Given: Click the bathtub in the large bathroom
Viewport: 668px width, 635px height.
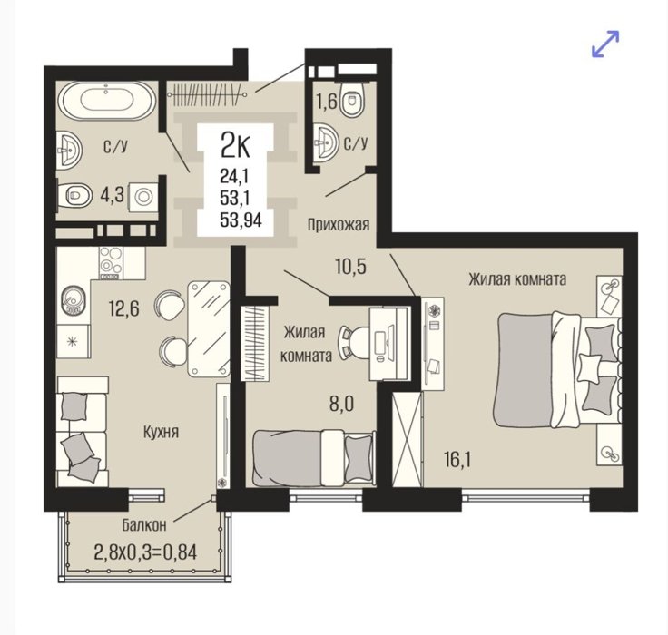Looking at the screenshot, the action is [107, 101].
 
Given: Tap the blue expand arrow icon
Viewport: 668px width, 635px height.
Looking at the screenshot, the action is [605, 44].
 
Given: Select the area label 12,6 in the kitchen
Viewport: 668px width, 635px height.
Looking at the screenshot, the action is [124, 308].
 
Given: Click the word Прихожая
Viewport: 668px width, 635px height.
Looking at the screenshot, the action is [339, 224].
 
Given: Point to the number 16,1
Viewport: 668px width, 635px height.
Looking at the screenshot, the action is [457, 460].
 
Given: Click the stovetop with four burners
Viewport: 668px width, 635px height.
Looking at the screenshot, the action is [111, 263].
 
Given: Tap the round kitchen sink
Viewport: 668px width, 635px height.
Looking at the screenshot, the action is [74, 300].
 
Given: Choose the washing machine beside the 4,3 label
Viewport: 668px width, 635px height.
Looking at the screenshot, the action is [143, 197].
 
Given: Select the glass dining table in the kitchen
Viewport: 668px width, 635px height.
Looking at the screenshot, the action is [209, 328].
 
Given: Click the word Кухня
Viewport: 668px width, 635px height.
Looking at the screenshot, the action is [161, 433].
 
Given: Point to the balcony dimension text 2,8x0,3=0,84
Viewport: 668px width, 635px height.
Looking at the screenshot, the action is [145, 552].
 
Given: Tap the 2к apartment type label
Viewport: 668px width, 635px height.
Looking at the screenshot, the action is [235, 145].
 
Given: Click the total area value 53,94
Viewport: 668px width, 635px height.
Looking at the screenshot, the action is [241, 220].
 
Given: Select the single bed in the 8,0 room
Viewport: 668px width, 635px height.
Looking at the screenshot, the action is [314, 458].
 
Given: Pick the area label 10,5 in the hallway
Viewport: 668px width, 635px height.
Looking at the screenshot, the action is [350, 267].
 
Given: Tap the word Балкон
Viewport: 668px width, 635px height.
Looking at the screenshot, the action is [144, 525].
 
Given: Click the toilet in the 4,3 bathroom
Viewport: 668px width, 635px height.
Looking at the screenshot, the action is [75, 195].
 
